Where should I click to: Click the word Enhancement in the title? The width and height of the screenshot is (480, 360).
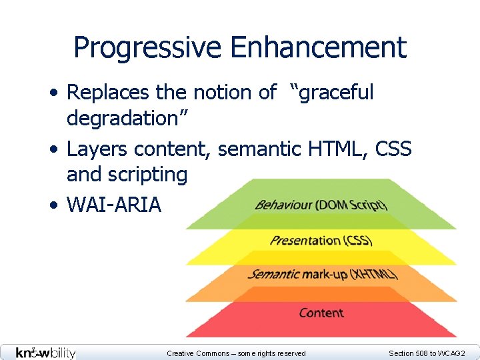point(318,48)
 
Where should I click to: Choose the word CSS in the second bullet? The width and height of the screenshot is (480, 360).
point(393,149)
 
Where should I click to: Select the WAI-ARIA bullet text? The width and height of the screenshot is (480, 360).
point(114,205)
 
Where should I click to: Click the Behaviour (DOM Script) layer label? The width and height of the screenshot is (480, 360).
point(321,204)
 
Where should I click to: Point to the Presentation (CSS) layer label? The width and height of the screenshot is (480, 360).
point(321,240)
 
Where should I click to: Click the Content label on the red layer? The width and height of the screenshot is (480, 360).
point(321,313)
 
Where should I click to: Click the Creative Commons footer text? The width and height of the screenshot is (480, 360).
point(236,353)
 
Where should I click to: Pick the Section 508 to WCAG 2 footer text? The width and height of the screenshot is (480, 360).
point(427,353)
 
